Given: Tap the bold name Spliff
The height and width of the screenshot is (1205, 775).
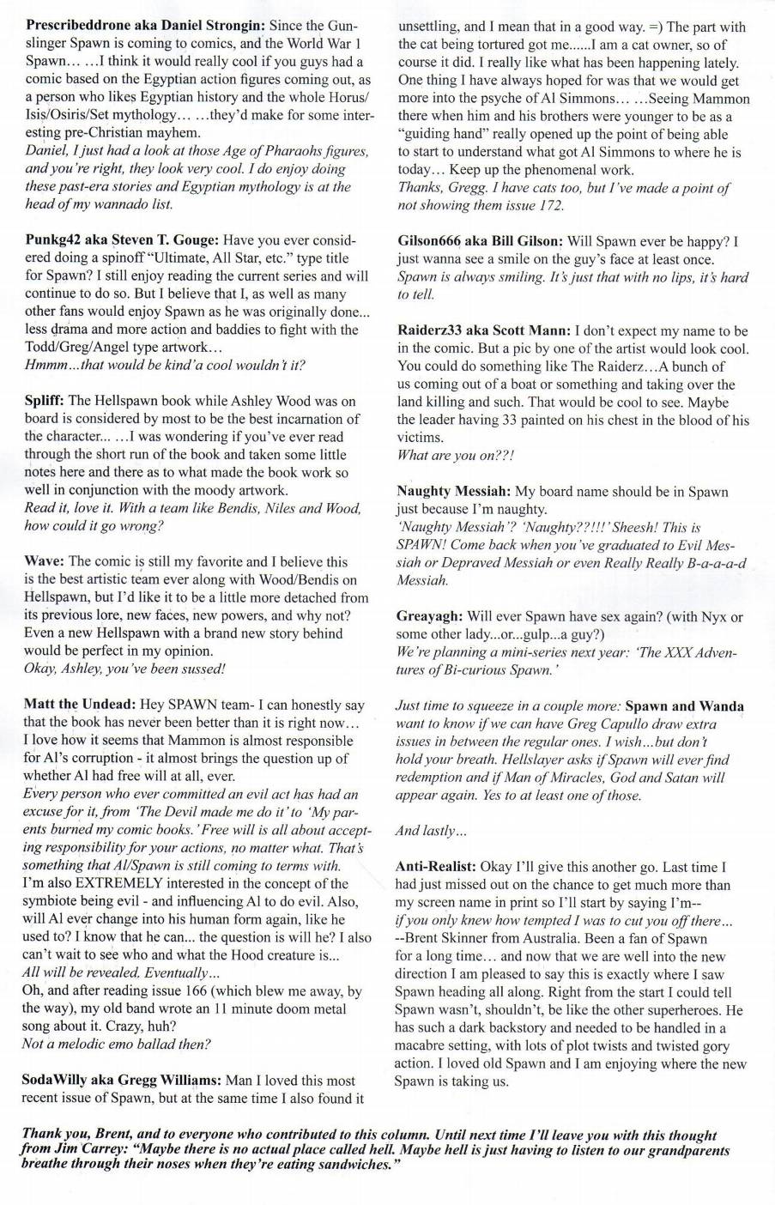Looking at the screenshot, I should [x=43, y=401].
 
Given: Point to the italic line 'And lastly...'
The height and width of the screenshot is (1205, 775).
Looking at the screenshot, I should [x=431, y=830].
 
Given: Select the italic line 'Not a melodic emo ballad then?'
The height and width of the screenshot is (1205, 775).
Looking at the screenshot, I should [x=117, y=1045].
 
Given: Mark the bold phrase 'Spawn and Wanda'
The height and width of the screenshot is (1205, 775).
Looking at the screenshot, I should [x=685, y=706].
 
